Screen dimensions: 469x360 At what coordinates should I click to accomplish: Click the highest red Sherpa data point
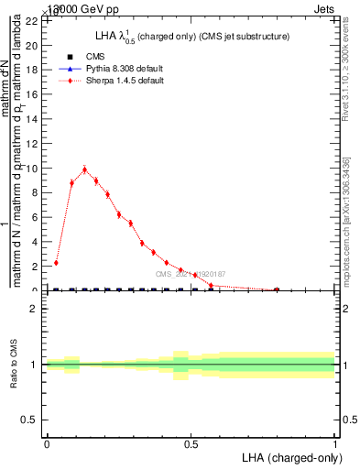(x=85, y=169)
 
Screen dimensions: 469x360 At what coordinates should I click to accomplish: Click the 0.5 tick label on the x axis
(x=191, y=444)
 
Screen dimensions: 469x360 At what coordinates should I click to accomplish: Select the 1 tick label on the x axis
(x=336, y=444)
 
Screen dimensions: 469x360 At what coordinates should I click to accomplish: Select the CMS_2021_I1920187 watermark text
(x=190, y=274)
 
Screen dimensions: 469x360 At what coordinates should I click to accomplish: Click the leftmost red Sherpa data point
(x=56, y=263)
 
